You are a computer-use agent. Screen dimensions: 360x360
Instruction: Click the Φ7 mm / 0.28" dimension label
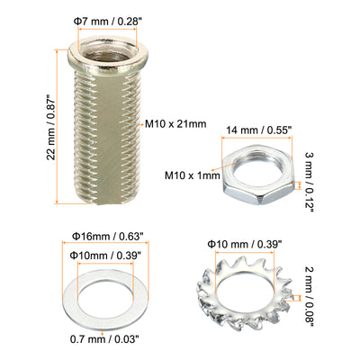tap(107, 22)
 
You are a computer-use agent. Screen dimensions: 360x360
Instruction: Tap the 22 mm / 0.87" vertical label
tap(51, 128)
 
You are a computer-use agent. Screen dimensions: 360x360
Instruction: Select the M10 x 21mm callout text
tap(175, 123)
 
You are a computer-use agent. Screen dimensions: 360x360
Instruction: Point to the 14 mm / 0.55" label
tap(258, 130)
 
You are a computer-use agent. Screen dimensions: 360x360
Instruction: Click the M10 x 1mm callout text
tap(193, 175)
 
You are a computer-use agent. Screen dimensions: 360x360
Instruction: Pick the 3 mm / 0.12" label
tap(309, 182)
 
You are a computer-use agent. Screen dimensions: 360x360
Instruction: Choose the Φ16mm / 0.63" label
tap(106, 237)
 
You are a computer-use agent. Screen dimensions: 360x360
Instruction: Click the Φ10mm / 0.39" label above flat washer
tap(105, 256)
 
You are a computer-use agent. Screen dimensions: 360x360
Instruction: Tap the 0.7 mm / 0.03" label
tap(104, 339)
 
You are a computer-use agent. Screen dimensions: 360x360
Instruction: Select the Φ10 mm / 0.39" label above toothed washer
tap(245, 244)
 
